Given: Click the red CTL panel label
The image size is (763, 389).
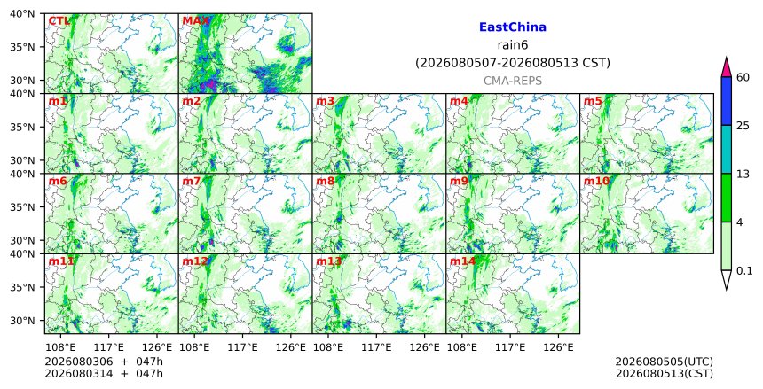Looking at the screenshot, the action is pos(59,21).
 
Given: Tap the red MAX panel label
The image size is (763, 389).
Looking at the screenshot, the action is pos(195,21).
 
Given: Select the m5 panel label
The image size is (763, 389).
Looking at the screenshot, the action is pos(593,101).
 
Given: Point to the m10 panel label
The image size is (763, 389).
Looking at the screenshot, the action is pos(596,182).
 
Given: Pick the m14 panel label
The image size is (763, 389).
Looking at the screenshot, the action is pos(462,261).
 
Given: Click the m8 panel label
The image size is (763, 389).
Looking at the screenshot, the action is pos(325,182).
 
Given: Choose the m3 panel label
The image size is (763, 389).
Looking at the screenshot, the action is pos(325,101).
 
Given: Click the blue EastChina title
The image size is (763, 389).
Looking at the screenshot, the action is pos(513,27).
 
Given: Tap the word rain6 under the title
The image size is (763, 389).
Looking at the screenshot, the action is pos(513,45).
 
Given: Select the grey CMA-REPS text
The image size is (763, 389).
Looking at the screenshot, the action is pos(513,81).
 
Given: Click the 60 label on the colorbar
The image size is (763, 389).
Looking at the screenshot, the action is pos(743,77).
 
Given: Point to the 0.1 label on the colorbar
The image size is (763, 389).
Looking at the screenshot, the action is pos(744,271).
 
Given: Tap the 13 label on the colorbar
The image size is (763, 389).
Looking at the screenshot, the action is pos(743,174).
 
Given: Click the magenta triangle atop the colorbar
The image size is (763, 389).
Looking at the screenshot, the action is pos(727,67).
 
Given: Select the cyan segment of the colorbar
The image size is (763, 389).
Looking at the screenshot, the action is pos(727,150).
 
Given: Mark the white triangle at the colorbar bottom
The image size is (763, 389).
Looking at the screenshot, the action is pos(727,280).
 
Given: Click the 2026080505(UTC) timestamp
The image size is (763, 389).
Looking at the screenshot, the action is pos(665,362).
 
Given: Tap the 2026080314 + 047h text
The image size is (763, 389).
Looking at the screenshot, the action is pos(104,374).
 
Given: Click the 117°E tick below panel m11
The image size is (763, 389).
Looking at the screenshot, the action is pos(108,347).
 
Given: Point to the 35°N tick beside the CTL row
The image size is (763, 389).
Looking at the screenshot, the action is pos(22,47).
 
